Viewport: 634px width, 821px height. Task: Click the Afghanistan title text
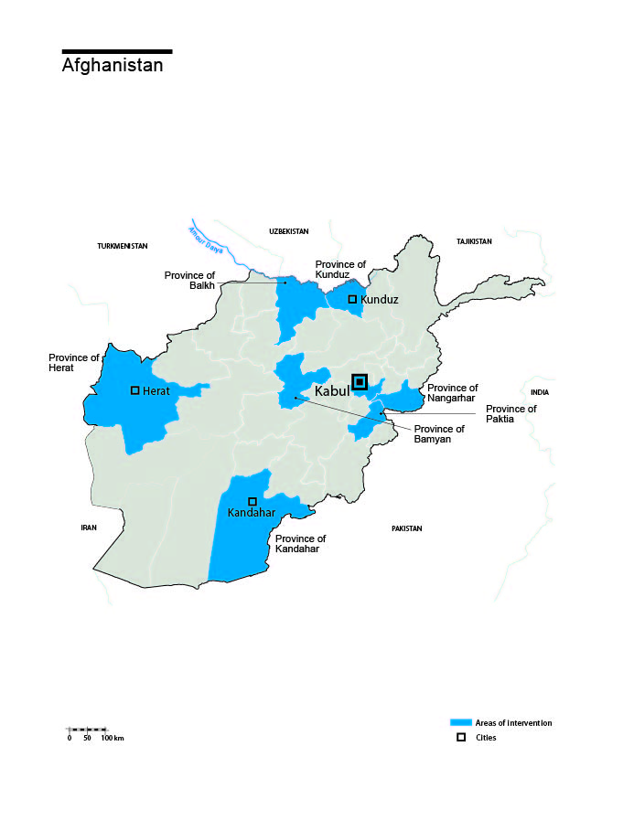pyautogui.click(x=113, y=66)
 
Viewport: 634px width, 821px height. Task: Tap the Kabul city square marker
pyautogui.click(x=360, y=382)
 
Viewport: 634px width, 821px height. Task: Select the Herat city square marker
pyautogui.click(x=135, y=390)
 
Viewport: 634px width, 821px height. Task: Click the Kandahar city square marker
pyautogui.click(x=253, y=501)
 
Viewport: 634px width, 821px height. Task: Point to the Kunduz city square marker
pyautogui.click(x=352, y=299)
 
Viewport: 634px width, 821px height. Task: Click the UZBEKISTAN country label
pyautogui.click(x=289, y=232)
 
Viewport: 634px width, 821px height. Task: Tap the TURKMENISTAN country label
pyautogui.click(x=123, y=246)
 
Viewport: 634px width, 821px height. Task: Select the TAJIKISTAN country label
pyautogui.click(x=474, y=241)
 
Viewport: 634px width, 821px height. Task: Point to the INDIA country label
pyautogui.click(x=540, y=392)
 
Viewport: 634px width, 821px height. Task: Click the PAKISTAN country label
pyautogui.click(x=406, y=528)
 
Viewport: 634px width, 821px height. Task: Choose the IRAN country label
pyautogui.click(x=89, y=528)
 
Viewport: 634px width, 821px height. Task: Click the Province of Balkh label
pyautogui.click(x=190, y=280)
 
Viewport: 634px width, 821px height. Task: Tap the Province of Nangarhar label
pyautogui.click(x=452, y=393)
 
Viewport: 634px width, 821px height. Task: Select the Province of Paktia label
pyautogui.click(x=510, y=414)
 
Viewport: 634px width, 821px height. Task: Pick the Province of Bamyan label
pyautogui.click(x=439, y=434)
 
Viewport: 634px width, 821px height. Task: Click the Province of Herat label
pyautogui.click(x=74, y=363)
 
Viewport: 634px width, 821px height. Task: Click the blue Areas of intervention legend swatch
pyautogui.click(x=460, y=722)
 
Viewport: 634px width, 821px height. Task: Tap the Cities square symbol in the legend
pyautogui.click(x=461, y=737)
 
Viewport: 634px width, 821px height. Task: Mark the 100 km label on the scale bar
pyautogui.click(x=112, y=738)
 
